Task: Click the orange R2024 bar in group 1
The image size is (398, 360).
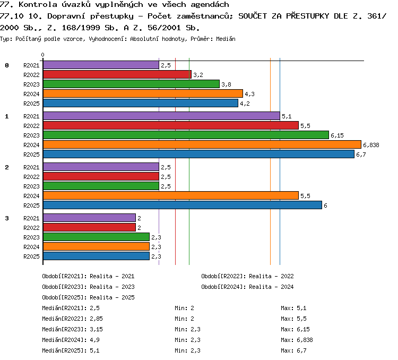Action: (x=202, y=144)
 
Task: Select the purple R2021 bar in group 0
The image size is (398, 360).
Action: (x=101, y=65)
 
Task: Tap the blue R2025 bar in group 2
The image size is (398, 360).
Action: (x=183, y=205)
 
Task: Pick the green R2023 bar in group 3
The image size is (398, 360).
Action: (x=96, y=237)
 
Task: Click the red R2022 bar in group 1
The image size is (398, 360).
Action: (x=171, y=125)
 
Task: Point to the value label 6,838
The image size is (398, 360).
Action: (x=371, y=145)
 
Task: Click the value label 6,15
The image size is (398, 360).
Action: (x=337, y=135)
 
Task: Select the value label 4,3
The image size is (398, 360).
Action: (x=249, y=94)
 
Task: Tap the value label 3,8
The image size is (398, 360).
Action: (x=226, y=84)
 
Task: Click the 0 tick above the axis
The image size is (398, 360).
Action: (x=42, y=55)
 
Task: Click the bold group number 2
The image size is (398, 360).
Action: (x=7, y=167)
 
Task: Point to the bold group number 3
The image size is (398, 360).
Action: (x=7, y=218)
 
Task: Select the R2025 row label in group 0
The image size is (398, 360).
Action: (x=31, y=104)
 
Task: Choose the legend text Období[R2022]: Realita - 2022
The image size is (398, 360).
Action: (x=247, y=276)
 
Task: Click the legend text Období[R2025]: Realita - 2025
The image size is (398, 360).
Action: (x=88, y=297)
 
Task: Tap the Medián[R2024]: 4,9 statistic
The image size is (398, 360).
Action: (x=71, y=340)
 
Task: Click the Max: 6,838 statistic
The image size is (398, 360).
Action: (x=297, y=340)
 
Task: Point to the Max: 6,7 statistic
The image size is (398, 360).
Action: (x=293, y=350)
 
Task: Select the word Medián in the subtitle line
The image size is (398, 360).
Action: (x=226, y=39)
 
